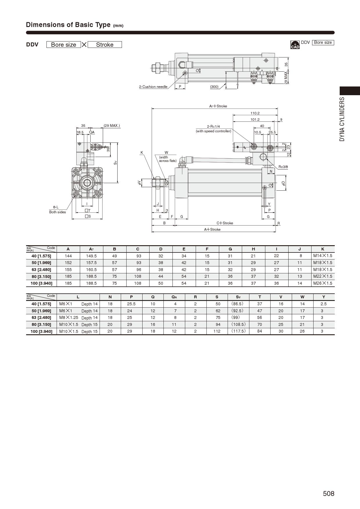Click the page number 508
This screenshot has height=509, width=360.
coord(329,494)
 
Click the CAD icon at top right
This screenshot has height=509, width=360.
coord(295,45)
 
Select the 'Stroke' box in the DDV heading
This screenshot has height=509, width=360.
coord(105,45)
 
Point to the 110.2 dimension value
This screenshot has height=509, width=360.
coord(255,113)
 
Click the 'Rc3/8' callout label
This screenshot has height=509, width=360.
coord(283,167)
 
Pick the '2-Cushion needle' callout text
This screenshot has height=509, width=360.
coord(153,87)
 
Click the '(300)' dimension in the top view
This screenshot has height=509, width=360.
coord(214,87)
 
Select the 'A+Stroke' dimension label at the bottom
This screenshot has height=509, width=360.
coord(212,230)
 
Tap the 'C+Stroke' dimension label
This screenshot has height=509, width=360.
coord(225,223)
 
